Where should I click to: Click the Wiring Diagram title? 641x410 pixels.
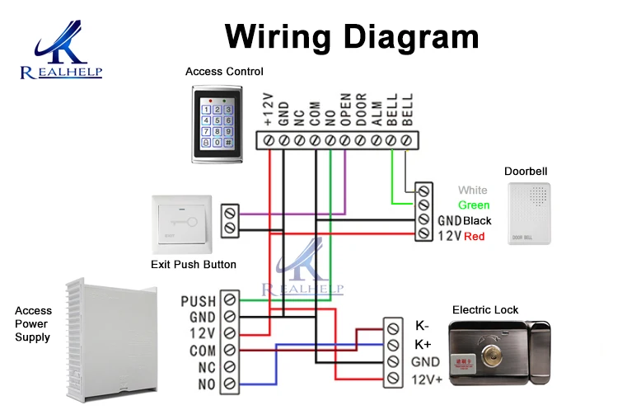[x=352, y=36]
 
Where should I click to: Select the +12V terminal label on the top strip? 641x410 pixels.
[x=268, y=111]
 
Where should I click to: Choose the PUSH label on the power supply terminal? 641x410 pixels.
[x=198, y=301]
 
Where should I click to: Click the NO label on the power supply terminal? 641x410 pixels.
[x=206, y=384]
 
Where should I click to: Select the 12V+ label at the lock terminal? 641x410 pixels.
[x=427, y=380]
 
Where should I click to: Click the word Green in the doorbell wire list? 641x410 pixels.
[x=474, y=205]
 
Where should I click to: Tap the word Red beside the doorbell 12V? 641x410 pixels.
[x=474, y=237]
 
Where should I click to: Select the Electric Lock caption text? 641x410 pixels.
[x=485, y=310]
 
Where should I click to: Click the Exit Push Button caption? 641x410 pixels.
[x=194, y=265]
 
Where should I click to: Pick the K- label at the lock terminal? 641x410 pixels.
[x=422, y=325]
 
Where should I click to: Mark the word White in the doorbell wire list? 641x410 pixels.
[x=473, y=191]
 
